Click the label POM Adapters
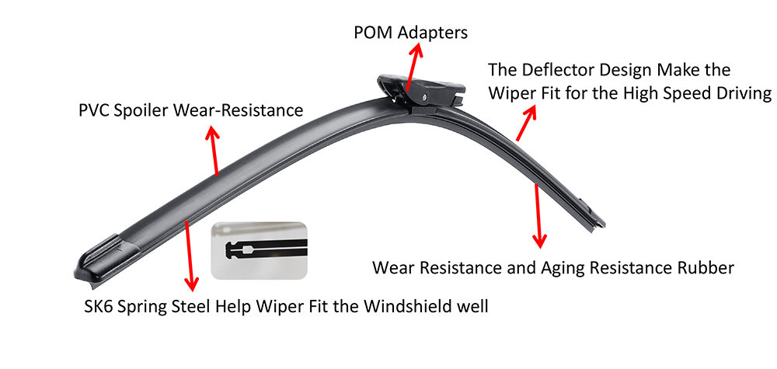point(411,33)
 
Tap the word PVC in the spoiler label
point(94,110)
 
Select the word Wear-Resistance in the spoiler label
point(237,110)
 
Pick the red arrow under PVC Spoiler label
point(214,151)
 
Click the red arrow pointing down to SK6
point(189,256)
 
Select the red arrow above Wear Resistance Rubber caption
point(538,215)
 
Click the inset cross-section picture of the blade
point(260,250)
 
